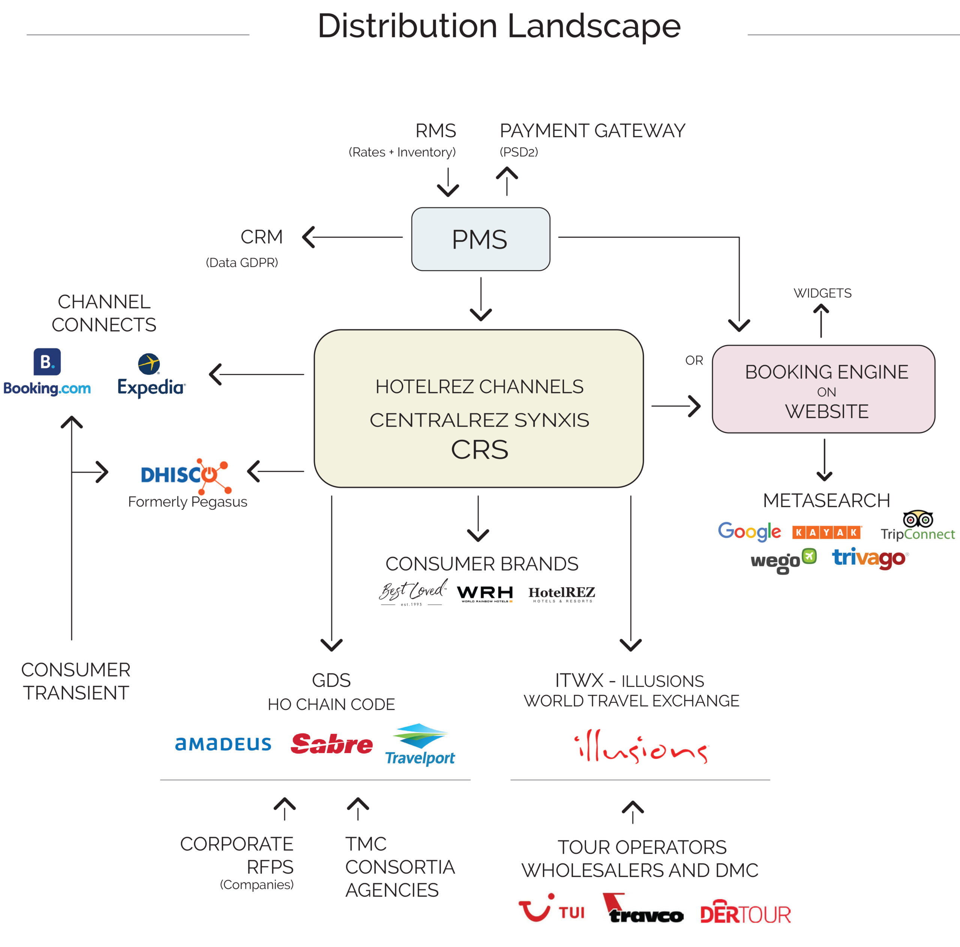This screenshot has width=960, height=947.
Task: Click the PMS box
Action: (480, 239)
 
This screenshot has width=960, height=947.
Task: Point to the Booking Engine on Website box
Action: (823, 389)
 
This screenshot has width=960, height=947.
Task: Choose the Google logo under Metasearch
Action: (749, 531)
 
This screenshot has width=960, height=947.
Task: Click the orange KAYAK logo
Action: (826, 532)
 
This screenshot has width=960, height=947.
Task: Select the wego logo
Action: (783, 560)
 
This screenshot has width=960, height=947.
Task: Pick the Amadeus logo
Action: (223, 744)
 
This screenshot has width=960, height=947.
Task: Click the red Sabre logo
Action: (331, 744)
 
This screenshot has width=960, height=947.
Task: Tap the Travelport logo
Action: (420, 745)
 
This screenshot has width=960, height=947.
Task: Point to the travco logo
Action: (643, 910)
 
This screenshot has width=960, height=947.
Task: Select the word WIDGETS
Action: (822, 293)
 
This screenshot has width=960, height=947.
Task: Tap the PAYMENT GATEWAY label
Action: (592, 131)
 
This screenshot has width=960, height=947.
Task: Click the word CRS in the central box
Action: (480, 450)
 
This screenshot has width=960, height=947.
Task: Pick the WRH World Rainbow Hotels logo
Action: (485, 594)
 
